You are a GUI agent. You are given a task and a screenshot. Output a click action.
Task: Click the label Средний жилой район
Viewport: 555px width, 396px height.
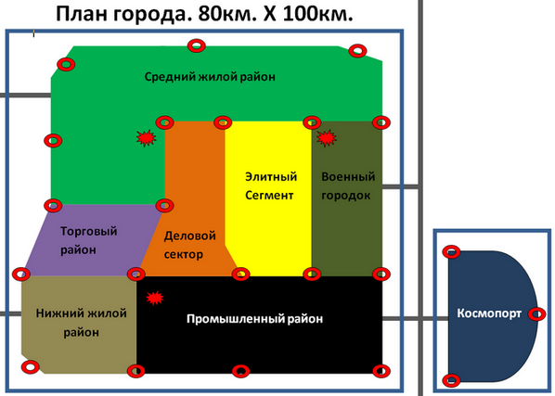[210, 77]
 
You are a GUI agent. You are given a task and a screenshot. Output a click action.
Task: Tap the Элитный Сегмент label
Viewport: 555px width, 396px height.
[271, 186]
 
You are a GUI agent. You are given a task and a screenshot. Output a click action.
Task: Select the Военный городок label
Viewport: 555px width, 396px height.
[348, 186]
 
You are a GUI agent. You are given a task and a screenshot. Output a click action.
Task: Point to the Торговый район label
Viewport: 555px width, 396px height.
[88, 240]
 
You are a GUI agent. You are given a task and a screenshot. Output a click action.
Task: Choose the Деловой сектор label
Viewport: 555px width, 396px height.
[189, 245]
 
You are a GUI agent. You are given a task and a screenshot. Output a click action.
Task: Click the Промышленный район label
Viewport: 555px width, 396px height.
[255, 319]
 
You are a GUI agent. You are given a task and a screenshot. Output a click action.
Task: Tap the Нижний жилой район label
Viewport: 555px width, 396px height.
[81, 323]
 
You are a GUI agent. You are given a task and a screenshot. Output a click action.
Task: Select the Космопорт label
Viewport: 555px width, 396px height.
[489, 313]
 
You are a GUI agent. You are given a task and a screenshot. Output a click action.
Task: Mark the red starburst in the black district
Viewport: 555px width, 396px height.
[155, 298]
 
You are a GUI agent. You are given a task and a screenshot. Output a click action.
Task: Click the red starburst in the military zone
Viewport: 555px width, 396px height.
[327, 138]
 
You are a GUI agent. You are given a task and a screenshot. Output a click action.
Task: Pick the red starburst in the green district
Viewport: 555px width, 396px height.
[147, 138]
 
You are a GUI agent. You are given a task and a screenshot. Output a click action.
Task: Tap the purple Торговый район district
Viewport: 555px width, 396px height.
[93, 240]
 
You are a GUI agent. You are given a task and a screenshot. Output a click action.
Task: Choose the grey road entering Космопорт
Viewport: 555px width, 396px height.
[416, 319]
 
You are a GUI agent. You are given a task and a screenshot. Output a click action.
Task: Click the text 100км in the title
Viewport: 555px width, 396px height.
[318, 15]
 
